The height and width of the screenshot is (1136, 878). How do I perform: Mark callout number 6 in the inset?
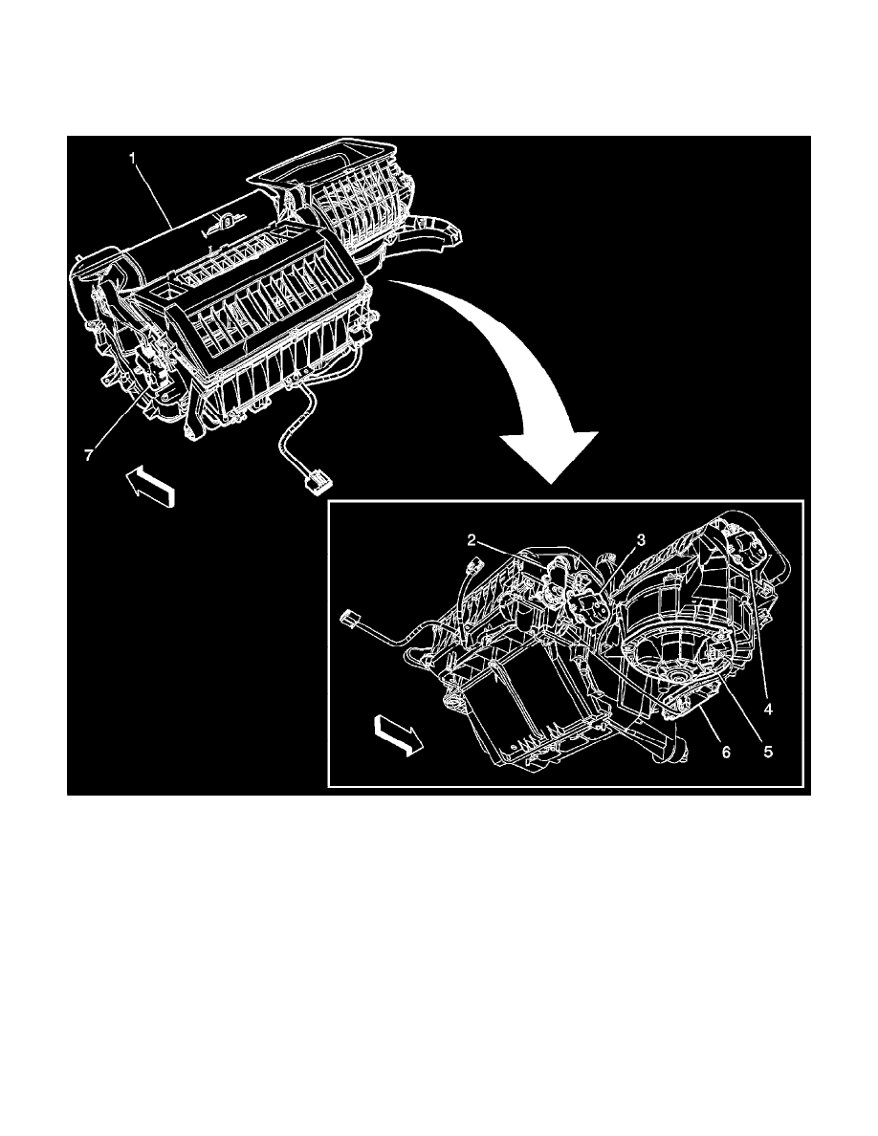tap(725, 753)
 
